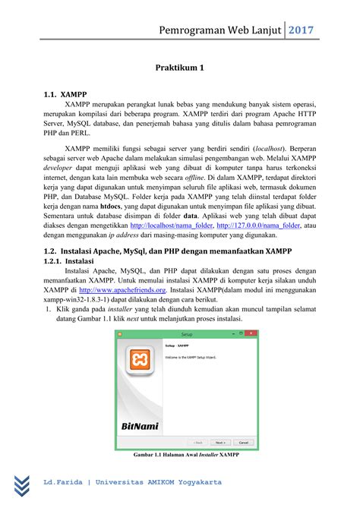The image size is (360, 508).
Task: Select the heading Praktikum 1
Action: coord(180,68)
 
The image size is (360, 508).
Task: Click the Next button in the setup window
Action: coord(219,442)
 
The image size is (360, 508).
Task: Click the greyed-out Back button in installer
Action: coord(197,442)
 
